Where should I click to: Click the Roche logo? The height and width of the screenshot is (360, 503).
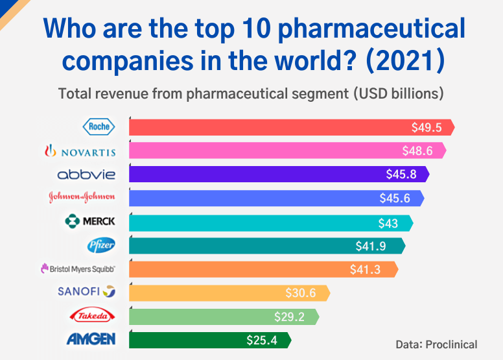click(x=99, y=126)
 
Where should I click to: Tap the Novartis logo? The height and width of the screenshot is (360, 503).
click(x=79, y=152)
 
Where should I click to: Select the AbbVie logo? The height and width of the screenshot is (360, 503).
click(x=86, y=174)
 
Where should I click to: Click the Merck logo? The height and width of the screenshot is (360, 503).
click(x=90, y=221)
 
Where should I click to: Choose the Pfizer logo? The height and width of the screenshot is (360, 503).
click(x=101, y=245)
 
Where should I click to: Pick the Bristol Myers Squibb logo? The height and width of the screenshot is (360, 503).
click(x=78, y=269)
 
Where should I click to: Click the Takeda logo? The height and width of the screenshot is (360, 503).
click(x=92, y=315)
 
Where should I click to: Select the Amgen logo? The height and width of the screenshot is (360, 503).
click(x=91, y=339)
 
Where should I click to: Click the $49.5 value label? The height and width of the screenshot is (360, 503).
click(x=427, y=127)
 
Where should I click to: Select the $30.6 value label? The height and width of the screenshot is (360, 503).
click(x=301, y=293)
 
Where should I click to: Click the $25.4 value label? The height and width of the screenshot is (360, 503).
click(x=262, y=339)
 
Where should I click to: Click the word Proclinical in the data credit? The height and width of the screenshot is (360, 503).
click(x=451, y=344)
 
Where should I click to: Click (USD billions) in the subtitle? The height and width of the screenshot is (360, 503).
click(x=399, y=93)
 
